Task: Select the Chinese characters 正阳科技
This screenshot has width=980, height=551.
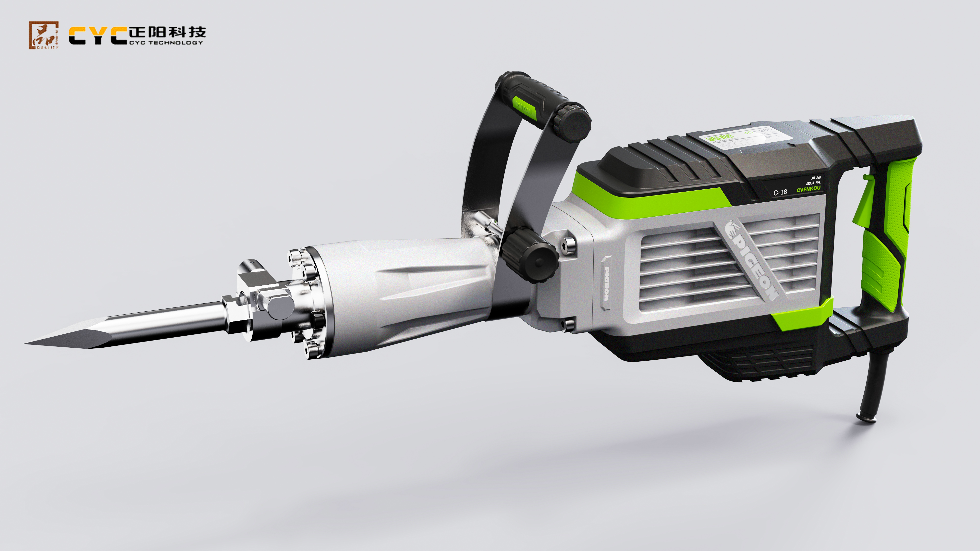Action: tap(167, 32)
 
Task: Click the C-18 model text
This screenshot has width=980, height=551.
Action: tap(780, 192)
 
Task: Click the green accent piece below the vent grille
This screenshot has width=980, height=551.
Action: tap(803, 314)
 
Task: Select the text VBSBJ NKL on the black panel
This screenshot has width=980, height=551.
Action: tap(813, 183)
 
